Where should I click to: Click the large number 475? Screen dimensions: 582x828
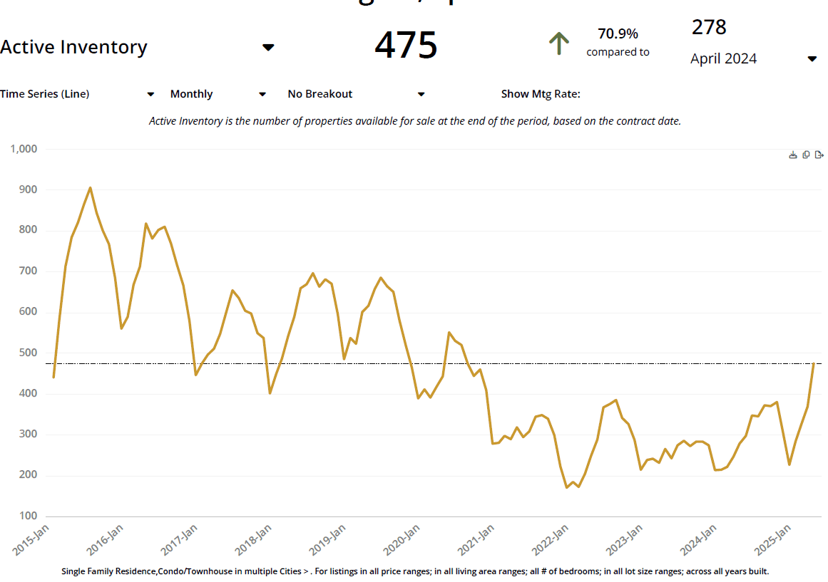point(406,46)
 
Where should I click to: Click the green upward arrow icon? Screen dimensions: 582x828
point(559,43)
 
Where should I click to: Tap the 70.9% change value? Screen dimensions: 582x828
point(618,33)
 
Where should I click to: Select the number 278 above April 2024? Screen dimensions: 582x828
point(709,27)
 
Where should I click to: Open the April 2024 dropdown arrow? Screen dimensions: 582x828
point(812,59)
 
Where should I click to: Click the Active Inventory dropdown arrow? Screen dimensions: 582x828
point(268,48)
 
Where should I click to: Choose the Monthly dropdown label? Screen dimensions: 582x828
point(191,94)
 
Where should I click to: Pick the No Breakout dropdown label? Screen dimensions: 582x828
point(320,94)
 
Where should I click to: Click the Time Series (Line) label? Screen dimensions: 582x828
point(45,94)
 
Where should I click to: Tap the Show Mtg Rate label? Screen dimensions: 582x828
point(541,94)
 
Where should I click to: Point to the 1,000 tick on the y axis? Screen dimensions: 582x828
point(24,149)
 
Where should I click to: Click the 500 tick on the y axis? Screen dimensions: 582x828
point(29,353)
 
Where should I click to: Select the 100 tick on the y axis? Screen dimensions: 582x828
point(29,516)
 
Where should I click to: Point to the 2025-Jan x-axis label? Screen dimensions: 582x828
point(773,540)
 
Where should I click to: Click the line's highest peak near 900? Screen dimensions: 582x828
point(90,187)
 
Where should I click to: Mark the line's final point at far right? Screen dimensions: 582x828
point(814,364)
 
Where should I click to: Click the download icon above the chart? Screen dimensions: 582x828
point(792,155)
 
